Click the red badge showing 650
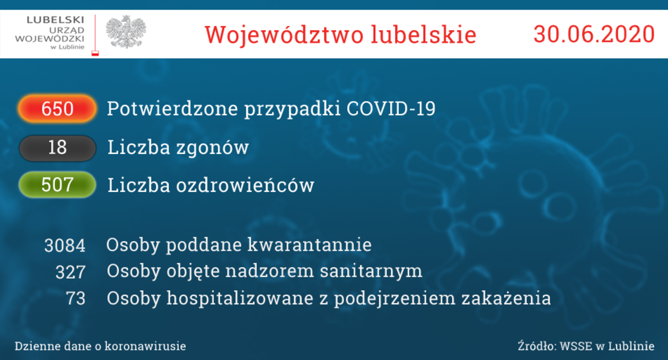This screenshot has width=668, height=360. click(x=57, y=109)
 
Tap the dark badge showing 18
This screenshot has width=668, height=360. click(x=57, y=148)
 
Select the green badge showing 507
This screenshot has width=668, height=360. click(x=57, y=185)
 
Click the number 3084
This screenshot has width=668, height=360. click(x=65, y=245)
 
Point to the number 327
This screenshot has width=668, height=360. click(x=71, y=272)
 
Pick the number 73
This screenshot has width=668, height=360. click(x=76, y=298)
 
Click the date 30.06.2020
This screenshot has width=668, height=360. click(x=594, y=34)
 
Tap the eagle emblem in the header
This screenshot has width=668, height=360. click(x=126, y=32)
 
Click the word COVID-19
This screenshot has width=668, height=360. click(x=391, y=108)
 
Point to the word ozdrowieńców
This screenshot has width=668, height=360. click(x=245, y=185)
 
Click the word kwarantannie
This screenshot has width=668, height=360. click(x=310, y=245)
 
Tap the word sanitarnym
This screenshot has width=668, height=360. click(x=371, y=271)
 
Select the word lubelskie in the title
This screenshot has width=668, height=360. click(x=424, y=34)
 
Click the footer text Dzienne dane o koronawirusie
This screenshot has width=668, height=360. click(x=100, y=346)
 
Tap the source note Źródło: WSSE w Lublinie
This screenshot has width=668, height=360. click(x=586, y=346)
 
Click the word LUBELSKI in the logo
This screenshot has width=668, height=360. click(x=56, y=20)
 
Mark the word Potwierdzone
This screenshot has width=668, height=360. click(x=172, y=108)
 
